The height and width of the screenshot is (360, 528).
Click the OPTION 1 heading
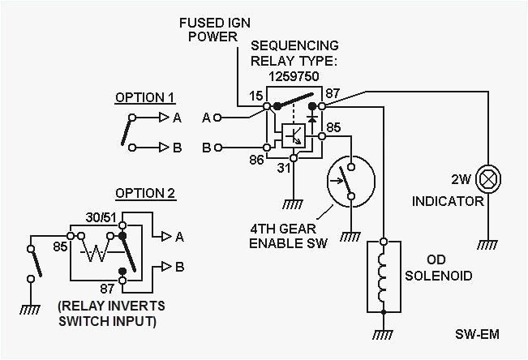(144, 98)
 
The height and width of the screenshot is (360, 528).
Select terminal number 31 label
(282, 169)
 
